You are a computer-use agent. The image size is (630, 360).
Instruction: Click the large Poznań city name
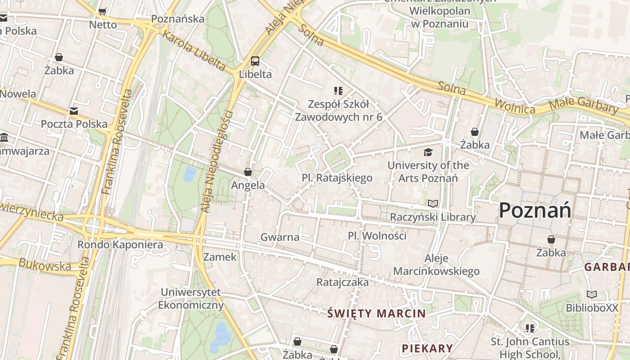coord(535,210)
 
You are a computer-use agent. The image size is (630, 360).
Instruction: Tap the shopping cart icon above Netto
coord(103,11)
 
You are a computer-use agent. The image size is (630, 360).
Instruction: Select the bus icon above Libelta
coord(255,61)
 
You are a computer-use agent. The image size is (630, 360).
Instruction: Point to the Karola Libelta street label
coord(193,50)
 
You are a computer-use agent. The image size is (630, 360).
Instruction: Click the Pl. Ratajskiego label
coord(337,178)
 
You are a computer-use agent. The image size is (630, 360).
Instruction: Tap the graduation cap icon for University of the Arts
coord(428,152)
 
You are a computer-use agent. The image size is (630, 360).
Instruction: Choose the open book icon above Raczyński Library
coord(433,204)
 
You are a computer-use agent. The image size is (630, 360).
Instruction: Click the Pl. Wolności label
coord(377,236)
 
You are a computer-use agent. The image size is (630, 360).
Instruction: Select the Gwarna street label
coord(280,237)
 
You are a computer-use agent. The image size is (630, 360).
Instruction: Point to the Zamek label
coord(220,257)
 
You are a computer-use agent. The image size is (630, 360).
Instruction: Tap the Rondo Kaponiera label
coord(120,245)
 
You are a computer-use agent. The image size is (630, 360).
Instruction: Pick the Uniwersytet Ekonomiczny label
coord(191,298)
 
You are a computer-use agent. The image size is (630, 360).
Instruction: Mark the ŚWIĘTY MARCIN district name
coord(376,313)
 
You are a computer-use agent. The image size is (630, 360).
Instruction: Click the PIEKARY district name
coord(427,348)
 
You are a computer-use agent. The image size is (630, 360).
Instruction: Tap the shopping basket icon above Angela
coord(248,172)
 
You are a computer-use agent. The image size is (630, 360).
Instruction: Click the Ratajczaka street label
coord(342,282)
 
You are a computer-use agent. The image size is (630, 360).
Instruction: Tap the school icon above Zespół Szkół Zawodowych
coord(338,91)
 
